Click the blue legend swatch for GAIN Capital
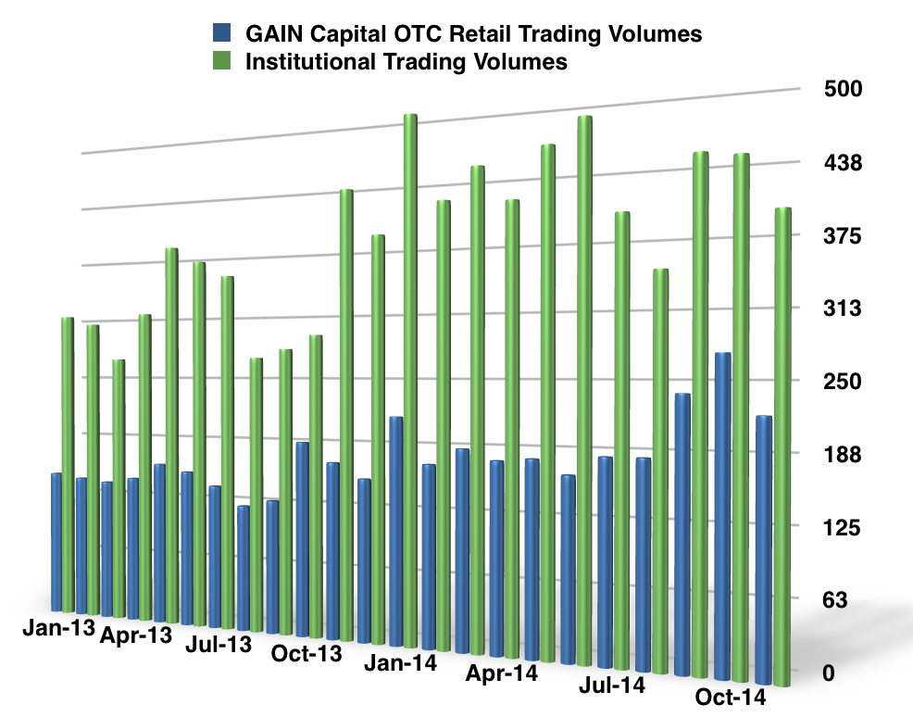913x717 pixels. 223,35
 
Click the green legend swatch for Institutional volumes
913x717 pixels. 223,63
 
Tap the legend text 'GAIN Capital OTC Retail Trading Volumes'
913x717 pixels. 473,35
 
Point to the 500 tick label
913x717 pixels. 844,90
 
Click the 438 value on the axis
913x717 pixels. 844,163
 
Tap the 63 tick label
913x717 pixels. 849,599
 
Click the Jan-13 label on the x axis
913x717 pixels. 57,627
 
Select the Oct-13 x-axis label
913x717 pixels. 306,654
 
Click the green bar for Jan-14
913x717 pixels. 410,371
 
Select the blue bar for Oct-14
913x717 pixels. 723,509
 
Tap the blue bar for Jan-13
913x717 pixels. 56,542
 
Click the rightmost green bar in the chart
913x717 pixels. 782,445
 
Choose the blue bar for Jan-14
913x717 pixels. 396,528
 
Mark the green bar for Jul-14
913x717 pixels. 622,435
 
